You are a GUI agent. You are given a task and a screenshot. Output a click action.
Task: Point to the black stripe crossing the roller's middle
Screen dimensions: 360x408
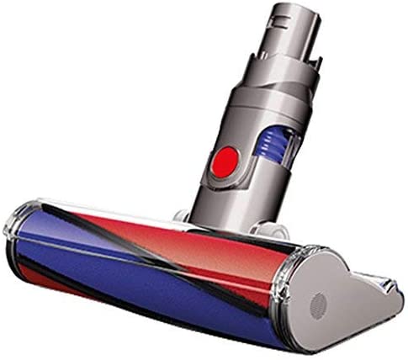(126, 244)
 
